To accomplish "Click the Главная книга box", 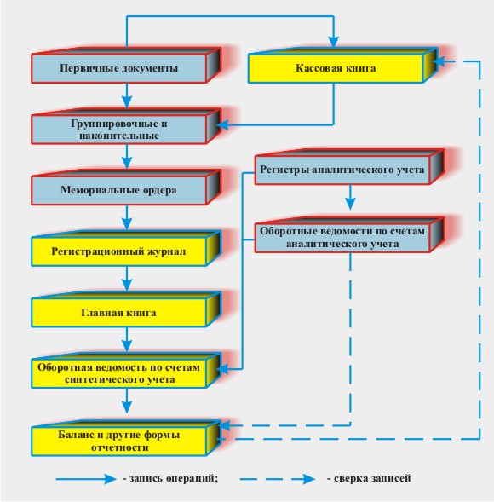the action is coord(126,309).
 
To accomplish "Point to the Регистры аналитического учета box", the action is coord(349,167).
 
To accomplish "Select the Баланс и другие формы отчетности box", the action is coord(126,438).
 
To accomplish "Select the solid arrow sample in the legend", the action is coord(86,479).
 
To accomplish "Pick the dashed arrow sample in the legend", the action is coord(277,479).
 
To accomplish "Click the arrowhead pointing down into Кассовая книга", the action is coord(333,42).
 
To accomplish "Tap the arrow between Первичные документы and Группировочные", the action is coord(127,95).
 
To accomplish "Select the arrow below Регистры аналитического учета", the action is coord(350,197).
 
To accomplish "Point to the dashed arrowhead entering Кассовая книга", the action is coord(440,61).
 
